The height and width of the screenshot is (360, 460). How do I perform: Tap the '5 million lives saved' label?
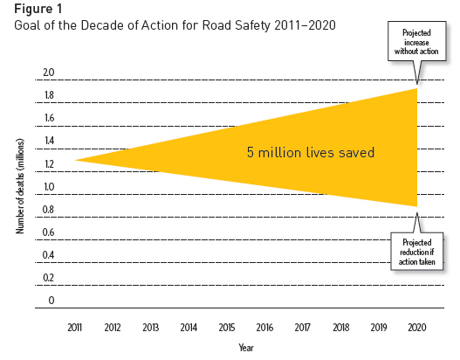[311, 152]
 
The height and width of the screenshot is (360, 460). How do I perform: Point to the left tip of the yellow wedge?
[76, 160]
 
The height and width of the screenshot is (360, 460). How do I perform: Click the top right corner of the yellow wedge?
[415, 88]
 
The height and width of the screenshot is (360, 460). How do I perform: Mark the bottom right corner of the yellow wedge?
[415, 206]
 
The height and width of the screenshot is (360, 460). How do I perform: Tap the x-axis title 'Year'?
[246, 347]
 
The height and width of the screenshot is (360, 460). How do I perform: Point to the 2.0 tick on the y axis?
[49, 73]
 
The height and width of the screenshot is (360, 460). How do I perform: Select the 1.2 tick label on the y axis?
[49, 164]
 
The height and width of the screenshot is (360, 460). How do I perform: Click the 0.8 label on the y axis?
[49, 210]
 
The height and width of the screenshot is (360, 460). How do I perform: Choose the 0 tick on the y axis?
[51, 301]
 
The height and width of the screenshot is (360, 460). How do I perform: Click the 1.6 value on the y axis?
[49, 118]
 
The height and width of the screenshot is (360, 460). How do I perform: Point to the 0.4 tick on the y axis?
[49, 255]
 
